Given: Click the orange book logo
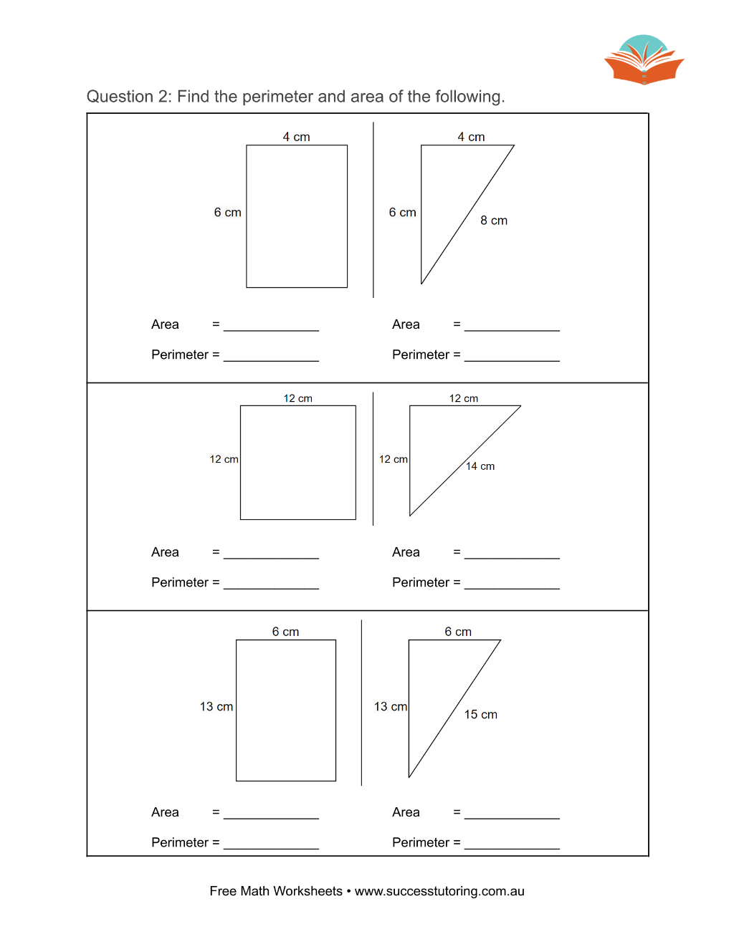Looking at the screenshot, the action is [644, 60].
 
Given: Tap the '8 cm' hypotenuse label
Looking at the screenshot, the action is [494, 221].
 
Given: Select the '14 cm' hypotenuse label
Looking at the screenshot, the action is [480, 466].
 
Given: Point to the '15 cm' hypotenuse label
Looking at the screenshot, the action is [480, 715].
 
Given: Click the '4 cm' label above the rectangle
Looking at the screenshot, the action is [296, 137].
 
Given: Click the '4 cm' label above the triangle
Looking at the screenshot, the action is [471, 137].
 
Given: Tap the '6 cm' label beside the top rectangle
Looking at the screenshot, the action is [228, 212].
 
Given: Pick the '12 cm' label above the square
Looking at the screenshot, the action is [298, 398].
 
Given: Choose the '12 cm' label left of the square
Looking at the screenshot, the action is [224, 459].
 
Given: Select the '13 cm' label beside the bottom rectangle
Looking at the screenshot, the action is [216, 707].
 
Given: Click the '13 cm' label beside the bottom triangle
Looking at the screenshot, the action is [391, 707].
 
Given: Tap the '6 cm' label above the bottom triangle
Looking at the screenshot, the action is [458, 632].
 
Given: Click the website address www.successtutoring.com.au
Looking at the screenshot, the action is [439, 892].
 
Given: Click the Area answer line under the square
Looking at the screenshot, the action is [272, 558].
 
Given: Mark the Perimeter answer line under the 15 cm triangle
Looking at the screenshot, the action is [512, 849].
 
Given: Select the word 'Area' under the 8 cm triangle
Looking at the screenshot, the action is [406, 324].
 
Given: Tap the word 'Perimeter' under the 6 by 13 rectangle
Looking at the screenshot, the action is [180, 842].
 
